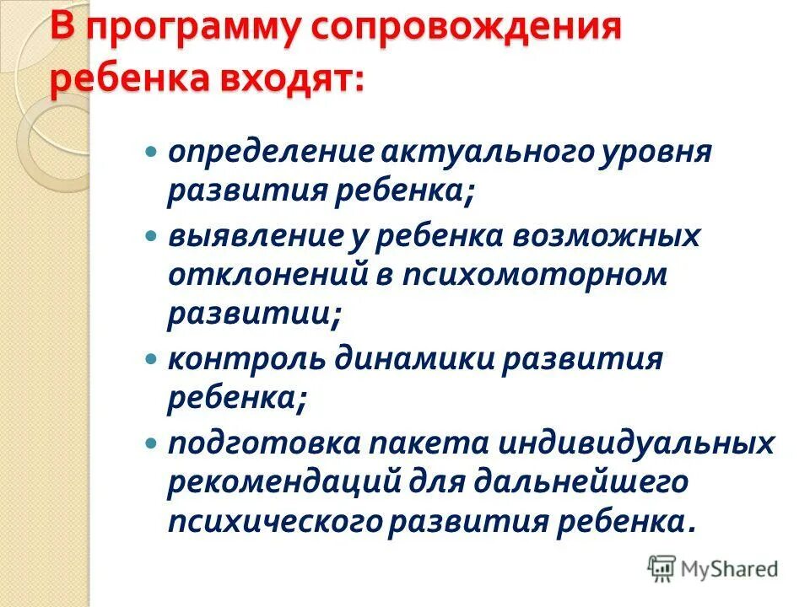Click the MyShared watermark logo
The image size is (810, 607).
(x=713, y=568)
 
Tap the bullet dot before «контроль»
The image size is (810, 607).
(x=152, y=359)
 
